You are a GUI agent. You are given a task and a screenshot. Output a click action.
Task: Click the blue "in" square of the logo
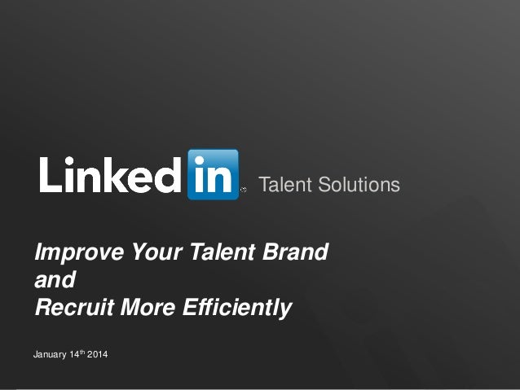coord(213,174)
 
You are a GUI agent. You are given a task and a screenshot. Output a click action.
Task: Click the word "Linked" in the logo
coord(110,173)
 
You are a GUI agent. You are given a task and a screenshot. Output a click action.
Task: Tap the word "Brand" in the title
coord(297,253)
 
